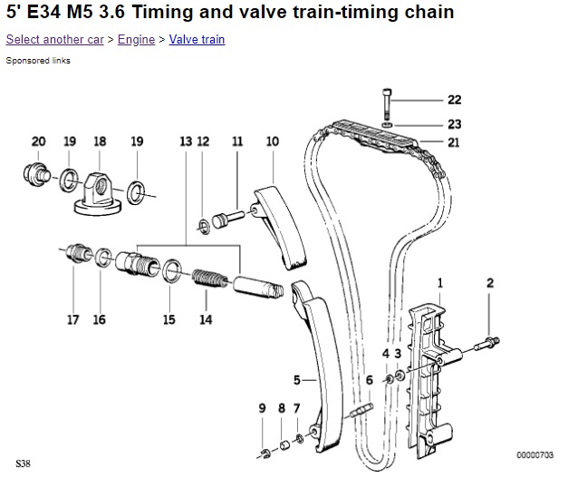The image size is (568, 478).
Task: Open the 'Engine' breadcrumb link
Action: click(136, 40)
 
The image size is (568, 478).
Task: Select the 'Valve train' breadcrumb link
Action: click(197, 40)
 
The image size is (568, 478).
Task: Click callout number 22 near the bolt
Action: click(454, 100)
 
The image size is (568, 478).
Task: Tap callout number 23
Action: click(454, 122)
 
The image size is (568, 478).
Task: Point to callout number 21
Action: click(454, 142)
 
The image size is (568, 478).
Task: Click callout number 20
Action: click(38, 141)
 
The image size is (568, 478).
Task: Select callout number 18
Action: click(100, 141)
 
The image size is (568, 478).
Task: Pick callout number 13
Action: click(186, 141)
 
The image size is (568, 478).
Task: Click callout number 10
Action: click(272, 141)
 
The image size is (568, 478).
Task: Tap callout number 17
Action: click(72, 319)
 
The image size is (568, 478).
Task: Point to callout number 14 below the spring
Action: click(206, 319)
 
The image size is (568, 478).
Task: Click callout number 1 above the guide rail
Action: click(440, 283)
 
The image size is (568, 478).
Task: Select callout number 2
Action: click(490, 283)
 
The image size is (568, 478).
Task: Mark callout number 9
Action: click(262, 408)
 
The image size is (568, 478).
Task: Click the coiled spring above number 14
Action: click(210, 274)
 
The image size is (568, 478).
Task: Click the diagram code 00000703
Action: click(534, 454)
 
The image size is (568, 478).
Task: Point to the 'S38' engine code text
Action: click(22, 463)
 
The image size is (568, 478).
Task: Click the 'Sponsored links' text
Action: click(38, 61)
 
